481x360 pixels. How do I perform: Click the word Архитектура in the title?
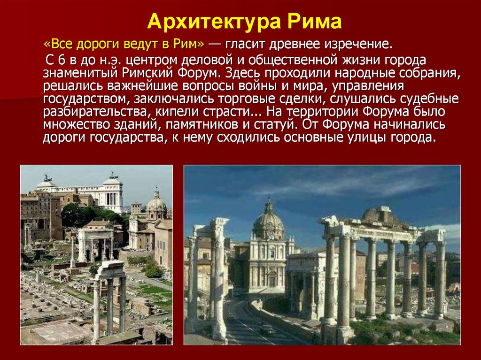click(x=214, y=22)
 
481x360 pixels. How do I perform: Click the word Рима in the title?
click(x=314, y=22)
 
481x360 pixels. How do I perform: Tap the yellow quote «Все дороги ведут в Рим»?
click(x=124, y=44)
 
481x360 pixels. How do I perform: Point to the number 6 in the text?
click(x=62, y=60)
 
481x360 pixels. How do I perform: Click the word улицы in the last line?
click(x=367, y=138)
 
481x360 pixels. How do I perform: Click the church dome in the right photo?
click(x=268, y=220)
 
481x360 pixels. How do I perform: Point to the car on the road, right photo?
click(x=267, y=329)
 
